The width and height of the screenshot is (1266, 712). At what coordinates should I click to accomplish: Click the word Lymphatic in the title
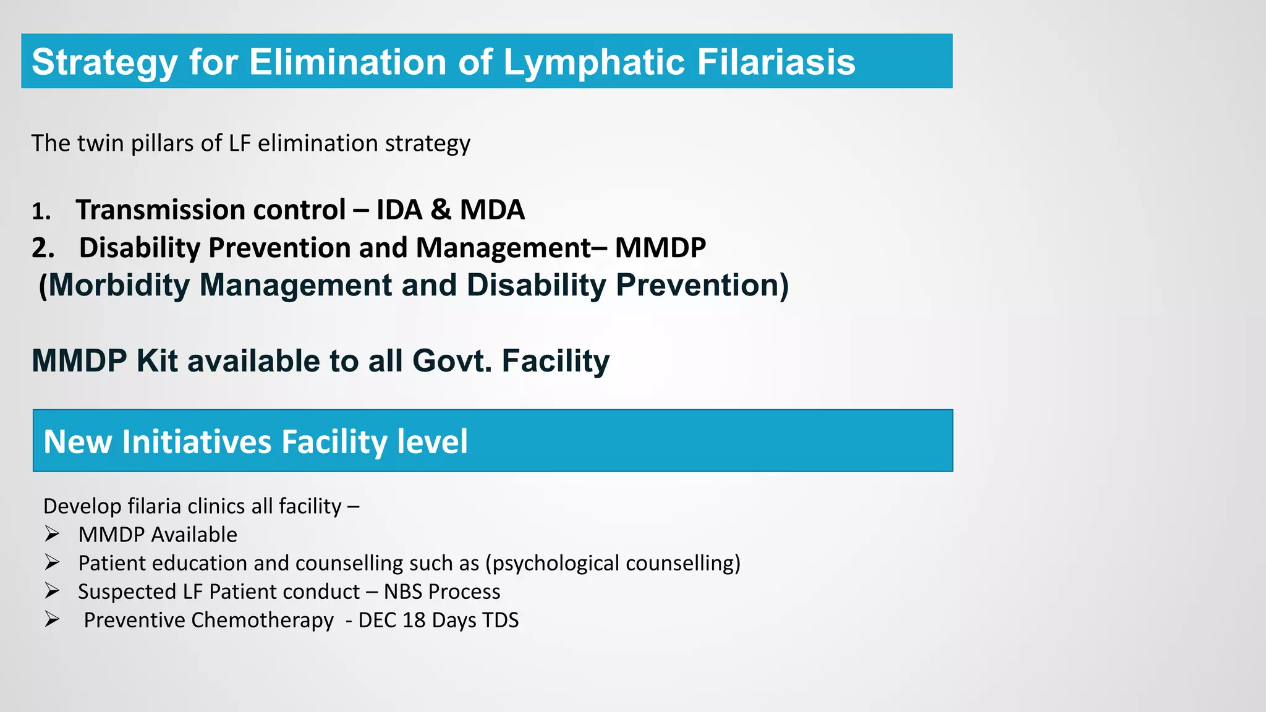tap(594, 62)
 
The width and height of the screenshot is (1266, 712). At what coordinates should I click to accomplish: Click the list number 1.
tap(40, 212)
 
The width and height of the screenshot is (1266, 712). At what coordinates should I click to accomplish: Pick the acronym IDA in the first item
tap(399, 210)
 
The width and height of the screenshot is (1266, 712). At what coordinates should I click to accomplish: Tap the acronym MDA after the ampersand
tap(492, 210)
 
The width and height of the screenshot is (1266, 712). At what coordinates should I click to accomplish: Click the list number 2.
tap(43, 248)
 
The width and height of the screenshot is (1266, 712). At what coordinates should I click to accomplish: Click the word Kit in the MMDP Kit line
tap(157, 361)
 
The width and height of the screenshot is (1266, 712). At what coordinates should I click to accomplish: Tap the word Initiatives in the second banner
tap(197, 442)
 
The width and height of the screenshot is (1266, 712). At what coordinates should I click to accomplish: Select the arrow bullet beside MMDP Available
tap(52, 534)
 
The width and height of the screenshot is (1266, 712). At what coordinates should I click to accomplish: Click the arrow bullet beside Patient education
tap(52, 562)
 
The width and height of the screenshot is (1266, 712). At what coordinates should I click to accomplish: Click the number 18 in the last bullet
tap(414, 620)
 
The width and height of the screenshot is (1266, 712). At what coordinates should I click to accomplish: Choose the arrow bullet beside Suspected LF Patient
tap(52, 591)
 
